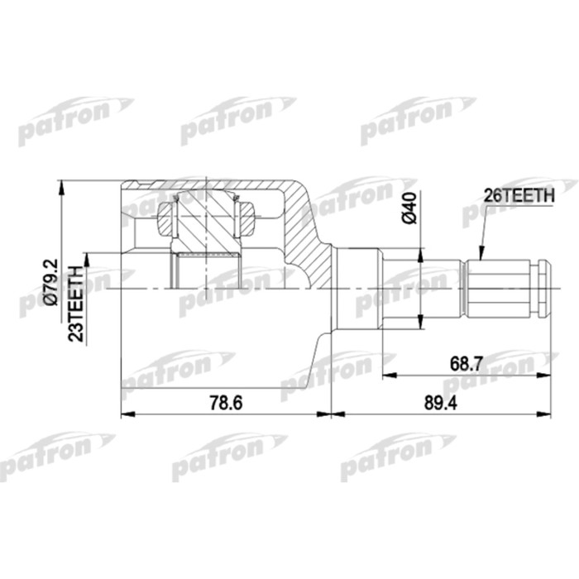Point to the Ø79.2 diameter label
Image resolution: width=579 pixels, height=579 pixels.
point(50,285)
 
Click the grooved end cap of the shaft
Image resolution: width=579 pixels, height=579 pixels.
point(543,289)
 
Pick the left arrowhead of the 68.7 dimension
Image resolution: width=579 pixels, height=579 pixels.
point(387,376)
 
